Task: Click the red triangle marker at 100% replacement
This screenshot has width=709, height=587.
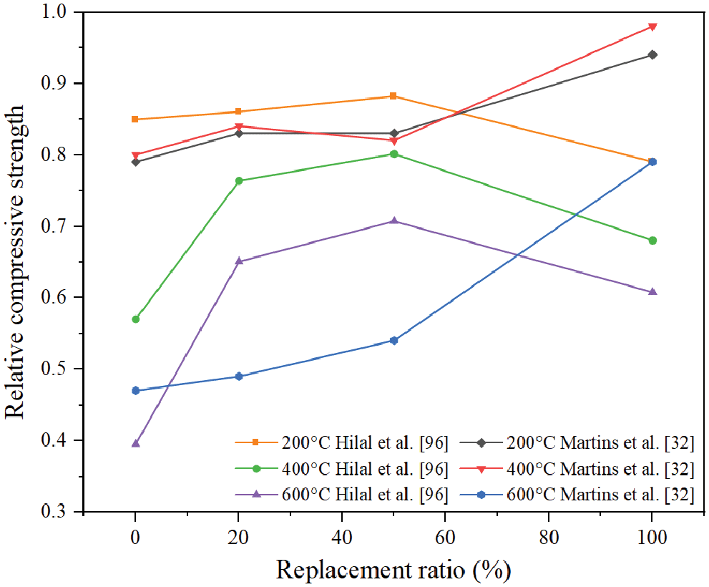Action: pos(652,27)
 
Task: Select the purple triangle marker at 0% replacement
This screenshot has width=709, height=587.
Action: pos(135,443)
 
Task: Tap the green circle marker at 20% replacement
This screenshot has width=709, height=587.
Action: pos(238,181)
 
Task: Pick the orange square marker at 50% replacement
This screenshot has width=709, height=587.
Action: pos(393,96)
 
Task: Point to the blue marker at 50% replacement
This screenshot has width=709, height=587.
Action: pos(393,340)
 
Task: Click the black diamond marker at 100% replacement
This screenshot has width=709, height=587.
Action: pos(652,54)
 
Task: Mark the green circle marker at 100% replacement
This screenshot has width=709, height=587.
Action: pos(652,241)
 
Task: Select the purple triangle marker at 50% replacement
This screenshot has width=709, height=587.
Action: pos(393,220)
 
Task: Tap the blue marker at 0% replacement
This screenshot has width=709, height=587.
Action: pos(135,390)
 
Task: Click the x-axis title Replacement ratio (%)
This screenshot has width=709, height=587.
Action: pos(393,571)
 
